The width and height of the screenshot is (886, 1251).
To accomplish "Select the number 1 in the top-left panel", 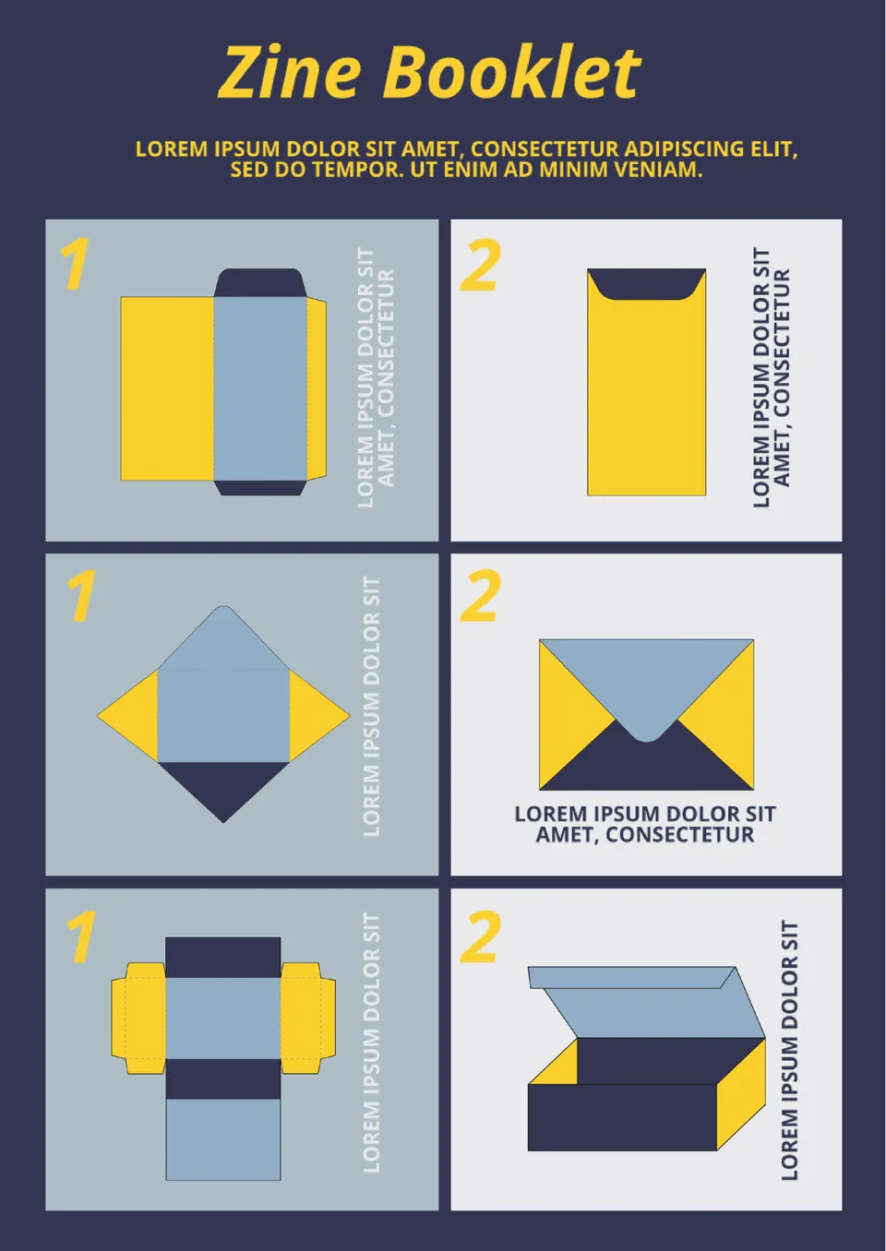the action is tap(75, 264).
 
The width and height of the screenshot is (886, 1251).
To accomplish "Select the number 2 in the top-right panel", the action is tap(479, 265).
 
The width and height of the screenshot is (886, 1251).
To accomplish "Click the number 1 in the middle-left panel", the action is tap(82, 595).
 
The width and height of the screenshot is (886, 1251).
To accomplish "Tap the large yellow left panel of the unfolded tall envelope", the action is tap(167, 388).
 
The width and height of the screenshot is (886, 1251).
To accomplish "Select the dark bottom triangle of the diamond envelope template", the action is tap(223, 785).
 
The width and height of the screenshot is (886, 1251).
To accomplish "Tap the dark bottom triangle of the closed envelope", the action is tap(646, 762).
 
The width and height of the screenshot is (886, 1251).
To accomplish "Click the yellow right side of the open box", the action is tap(741, 1094).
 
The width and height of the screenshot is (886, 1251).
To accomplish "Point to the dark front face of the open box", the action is tap(622, 1117).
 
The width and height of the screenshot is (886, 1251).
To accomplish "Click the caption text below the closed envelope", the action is tap(645, 824).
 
